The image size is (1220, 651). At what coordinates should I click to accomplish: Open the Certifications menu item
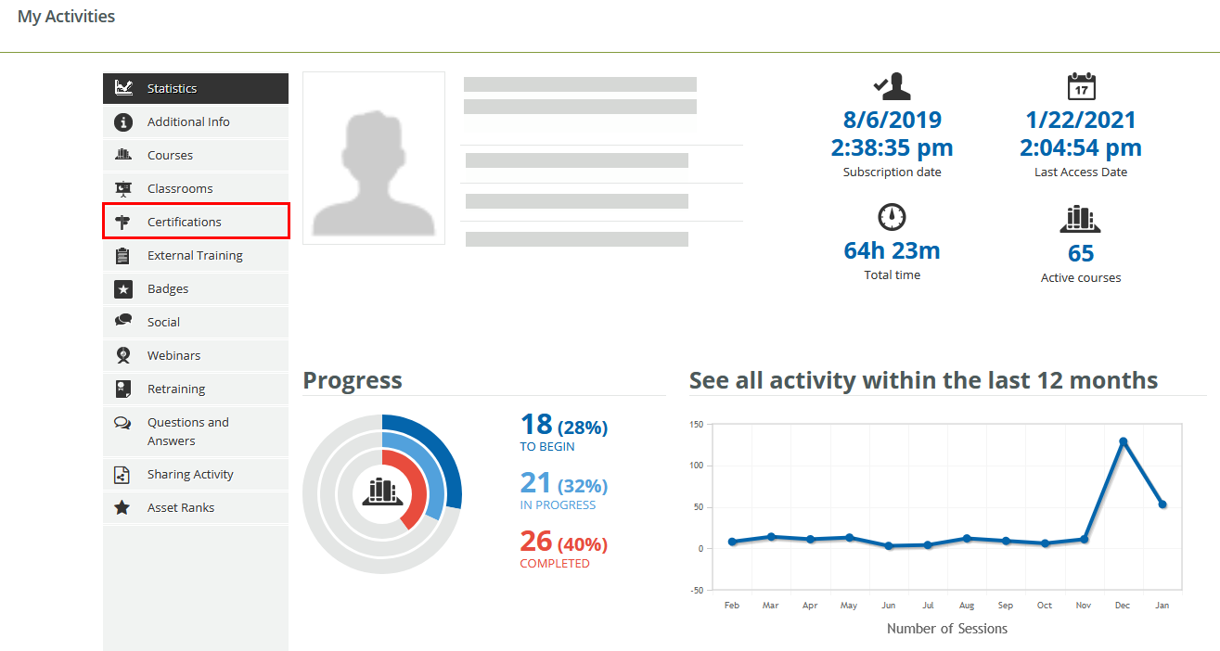pos(185,222)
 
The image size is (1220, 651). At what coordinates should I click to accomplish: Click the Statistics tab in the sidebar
pos(172,88)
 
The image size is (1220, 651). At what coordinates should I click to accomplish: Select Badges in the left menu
pos(168,288)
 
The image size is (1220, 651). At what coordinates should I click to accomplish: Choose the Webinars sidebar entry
pos(173,355)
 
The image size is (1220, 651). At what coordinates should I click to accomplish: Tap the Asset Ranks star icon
pos(122,507)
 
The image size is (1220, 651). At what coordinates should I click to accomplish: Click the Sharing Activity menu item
pos(190,474)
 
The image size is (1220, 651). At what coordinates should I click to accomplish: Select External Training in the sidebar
pos(195,255)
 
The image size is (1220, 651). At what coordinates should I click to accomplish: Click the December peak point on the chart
pos(1124,441)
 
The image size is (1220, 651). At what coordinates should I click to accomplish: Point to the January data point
pos(1162,504)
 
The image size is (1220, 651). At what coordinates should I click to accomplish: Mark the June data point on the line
pos(889,546)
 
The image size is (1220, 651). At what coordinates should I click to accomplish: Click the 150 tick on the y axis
pos(697,425)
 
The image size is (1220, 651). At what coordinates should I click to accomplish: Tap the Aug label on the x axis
pos(967,606)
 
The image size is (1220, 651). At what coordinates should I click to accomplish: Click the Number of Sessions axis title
pos(946,629)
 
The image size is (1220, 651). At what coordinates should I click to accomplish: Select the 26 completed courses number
pos(536,541)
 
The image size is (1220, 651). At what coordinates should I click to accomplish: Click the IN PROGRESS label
pos(558,505)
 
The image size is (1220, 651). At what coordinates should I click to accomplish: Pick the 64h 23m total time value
pos(892,250)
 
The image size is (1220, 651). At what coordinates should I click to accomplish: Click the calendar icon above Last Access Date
pos(1081,86)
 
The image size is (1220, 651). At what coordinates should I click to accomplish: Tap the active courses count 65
pos(1081,253)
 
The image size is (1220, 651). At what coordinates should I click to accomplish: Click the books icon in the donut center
pos(382,491)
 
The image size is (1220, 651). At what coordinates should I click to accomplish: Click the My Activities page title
pos(67,17)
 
